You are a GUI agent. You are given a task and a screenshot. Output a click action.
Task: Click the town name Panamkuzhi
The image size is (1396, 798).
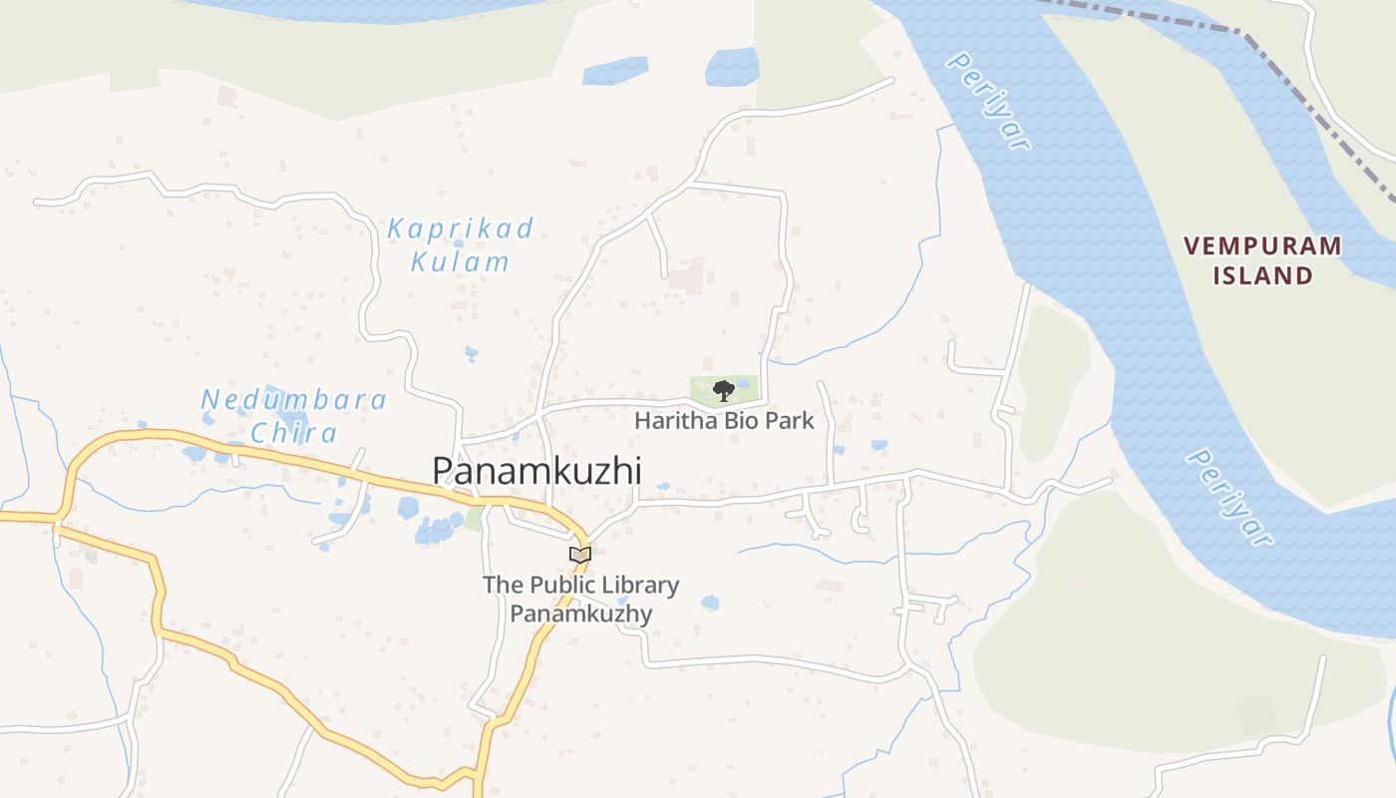(536, 471)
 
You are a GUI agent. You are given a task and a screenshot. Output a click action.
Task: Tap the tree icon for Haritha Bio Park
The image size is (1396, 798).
(724, 390)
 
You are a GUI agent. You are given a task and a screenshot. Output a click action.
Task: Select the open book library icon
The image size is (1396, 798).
(579, 554)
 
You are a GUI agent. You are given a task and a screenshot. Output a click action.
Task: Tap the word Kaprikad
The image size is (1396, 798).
(461, 228)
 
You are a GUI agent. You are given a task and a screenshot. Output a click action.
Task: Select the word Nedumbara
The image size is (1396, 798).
(294, 400)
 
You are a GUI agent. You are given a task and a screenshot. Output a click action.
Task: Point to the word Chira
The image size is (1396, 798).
(294, 433)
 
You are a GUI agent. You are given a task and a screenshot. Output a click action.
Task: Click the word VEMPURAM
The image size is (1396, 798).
(1262, 245)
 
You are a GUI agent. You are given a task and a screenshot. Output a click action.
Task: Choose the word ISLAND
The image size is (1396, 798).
(1262, 276)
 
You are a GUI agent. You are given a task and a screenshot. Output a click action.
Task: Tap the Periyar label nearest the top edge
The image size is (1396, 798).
(987, 101)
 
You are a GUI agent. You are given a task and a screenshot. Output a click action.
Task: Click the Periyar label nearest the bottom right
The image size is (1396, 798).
(1229, 497)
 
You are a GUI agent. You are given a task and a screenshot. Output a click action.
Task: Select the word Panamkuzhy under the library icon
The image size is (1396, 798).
(580, 613)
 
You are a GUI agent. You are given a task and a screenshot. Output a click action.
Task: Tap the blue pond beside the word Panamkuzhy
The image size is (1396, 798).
(709, 602)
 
